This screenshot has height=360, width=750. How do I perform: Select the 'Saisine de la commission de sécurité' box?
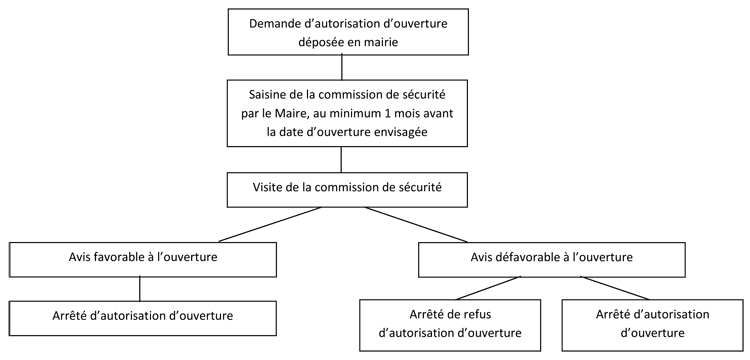pos(342,112)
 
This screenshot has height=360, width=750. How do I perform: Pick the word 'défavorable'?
pos(534,259)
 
